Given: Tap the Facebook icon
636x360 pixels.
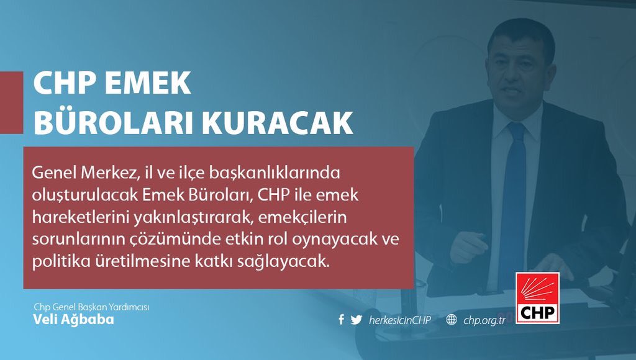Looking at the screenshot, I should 341,320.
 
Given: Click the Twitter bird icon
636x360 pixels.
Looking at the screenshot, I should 356,320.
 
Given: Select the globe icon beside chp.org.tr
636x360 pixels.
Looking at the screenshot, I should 452,320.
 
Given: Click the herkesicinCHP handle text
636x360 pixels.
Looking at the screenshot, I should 399,320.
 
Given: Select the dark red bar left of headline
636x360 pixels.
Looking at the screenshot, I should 11,102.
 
